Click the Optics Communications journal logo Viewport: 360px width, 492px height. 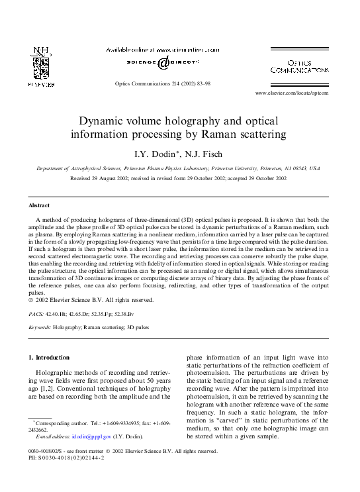[299, 66]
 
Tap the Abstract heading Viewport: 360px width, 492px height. [39, 206]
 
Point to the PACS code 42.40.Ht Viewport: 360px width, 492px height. [67, 314]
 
